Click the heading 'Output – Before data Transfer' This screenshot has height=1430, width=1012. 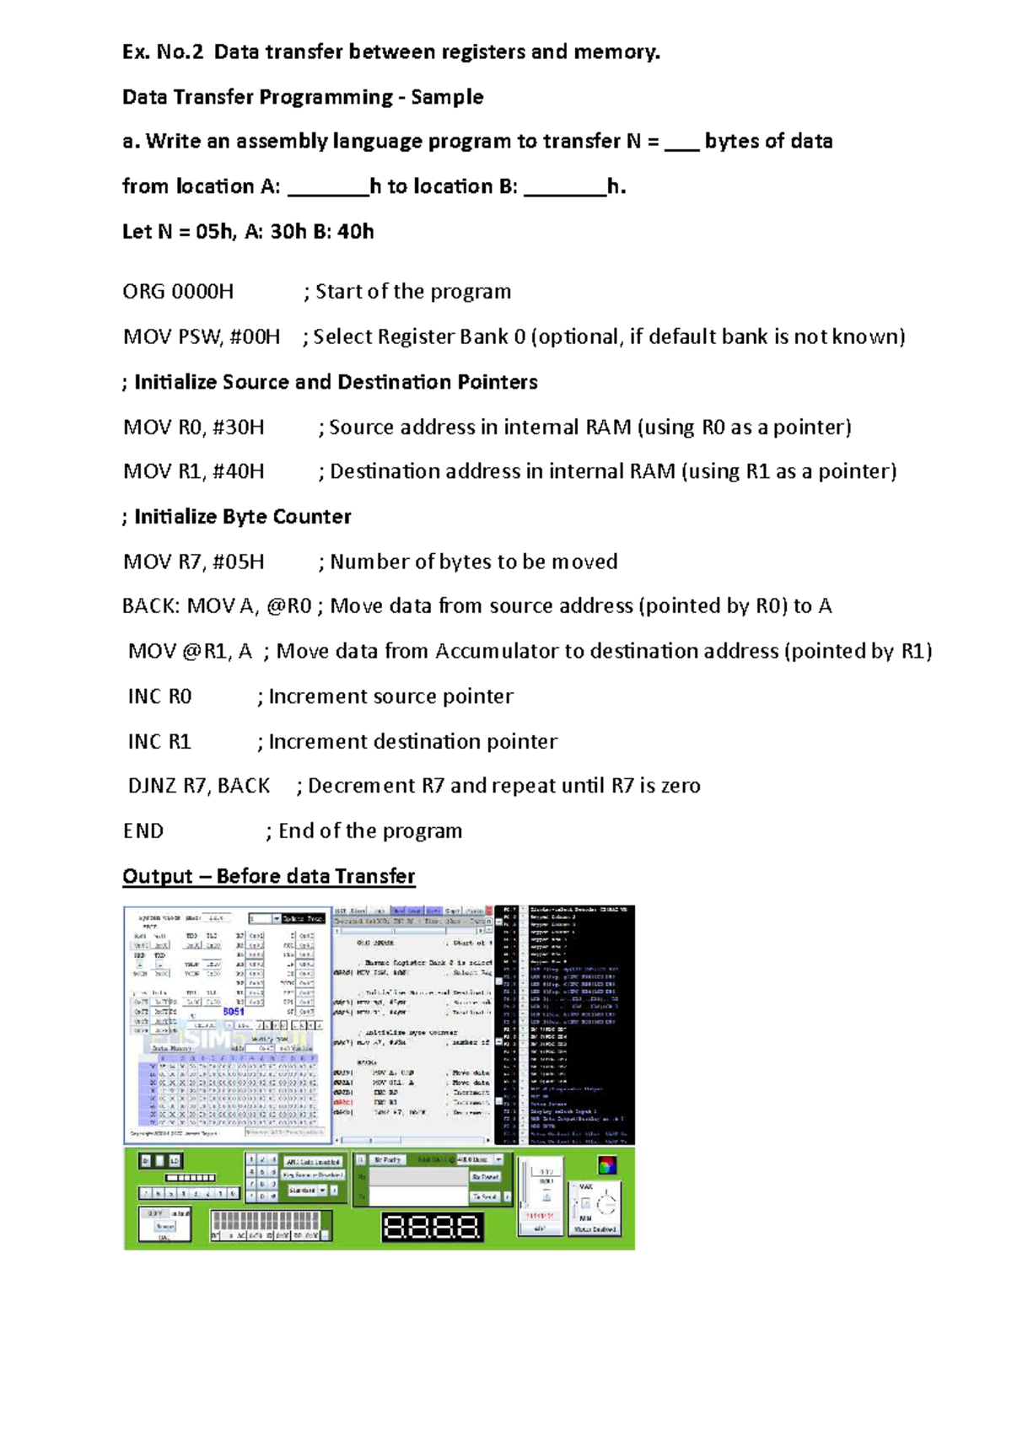pyautogui.click(x=268, y=876)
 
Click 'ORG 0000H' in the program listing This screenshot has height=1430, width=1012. pyautogui.click(x=178, y=292)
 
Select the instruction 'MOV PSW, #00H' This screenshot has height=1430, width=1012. pyautogui.click(x=202, y=337)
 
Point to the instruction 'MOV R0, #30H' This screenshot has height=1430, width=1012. pyautogui.click(x=194, y=427)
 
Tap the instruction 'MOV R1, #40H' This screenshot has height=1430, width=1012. pyautogui.click(x=194, y=471)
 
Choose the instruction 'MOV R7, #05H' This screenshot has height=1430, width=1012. pyautogui.click(x=194, y=562)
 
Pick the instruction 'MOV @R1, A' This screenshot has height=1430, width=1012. pyautogui.click(x=190, y=651)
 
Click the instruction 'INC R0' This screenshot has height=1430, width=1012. pyautogui.click(x=159, y=696)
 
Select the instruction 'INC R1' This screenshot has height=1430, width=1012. pyautogui.click(x=159, y=742)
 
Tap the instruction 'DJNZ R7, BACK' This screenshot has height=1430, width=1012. pyautogui.click(x=199, y=786)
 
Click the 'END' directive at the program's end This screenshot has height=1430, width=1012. pyautogui.click(x=143, y=831)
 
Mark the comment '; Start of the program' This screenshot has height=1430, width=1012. pyautogui.click(x=407, y=292)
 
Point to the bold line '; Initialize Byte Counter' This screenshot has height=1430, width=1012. pyautogui.click(x=237, y=517)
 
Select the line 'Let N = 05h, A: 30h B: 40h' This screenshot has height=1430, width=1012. pyautogui.click(x=248, y=232)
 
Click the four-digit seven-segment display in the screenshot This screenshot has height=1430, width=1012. pyautogui.click(x=433, y=1227)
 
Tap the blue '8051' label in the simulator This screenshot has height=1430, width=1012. pyautogui.click(x=234, y=1011)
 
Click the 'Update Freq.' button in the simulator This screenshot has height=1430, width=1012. pyautogui.click(x=303, y=918)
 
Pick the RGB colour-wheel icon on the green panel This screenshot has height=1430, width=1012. pyautogui.click(x=606, y=1165)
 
